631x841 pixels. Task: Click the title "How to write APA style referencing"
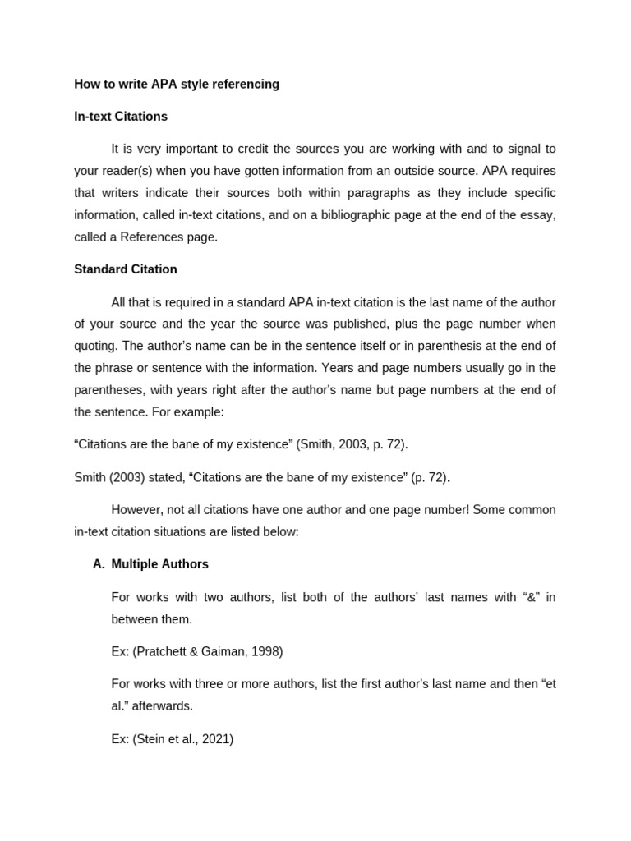click(177, 85)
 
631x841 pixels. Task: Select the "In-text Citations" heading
click(121, 117)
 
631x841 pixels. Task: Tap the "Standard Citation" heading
click(126, 269)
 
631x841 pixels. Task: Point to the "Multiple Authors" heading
click(160, 564)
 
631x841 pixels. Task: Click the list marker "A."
click(99, 564)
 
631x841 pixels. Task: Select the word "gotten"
click(214, 171)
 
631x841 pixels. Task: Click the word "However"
click(137, 510)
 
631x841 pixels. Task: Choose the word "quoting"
click(96, 346)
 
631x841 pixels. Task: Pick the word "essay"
click(537, 215)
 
